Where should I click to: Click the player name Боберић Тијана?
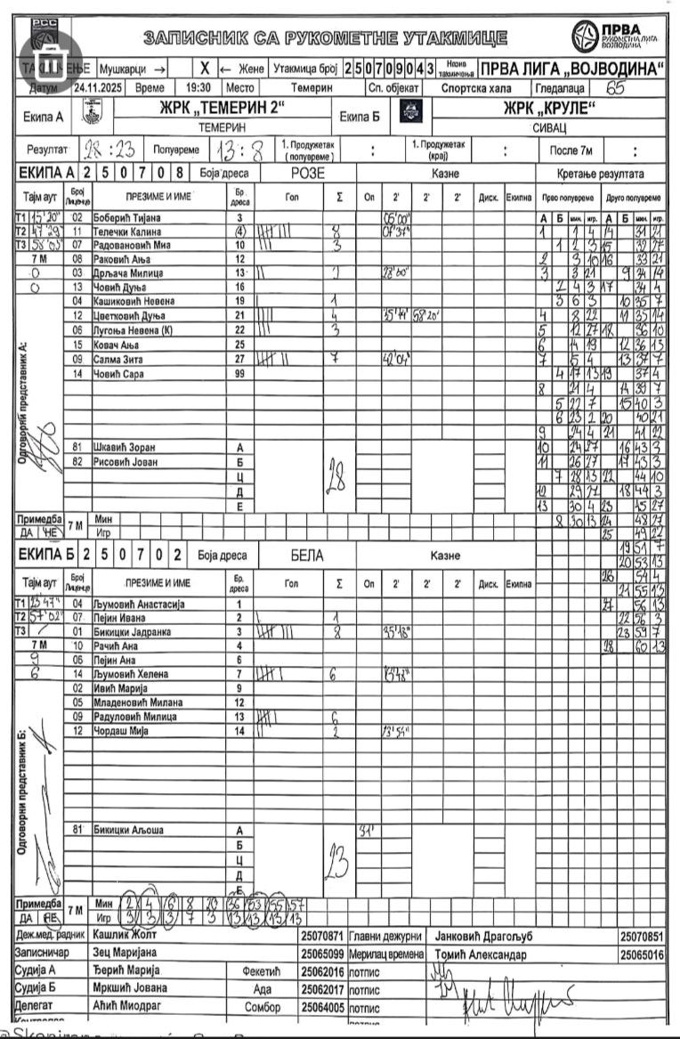pyautogui.click(x=126, y=217)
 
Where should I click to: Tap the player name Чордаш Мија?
pyautogui.click(x=120, y=730)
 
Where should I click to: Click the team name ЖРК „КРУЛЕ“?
pyautogui.click(x=549, y=109)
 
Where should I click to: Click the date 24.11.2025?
pyautogui.click(x=100, y=88)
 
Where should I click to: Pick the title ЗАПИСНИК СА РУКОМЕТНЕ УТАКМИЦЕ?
pyautogui.click(x=326, y=38)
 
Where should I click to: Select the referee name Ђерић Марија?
pyautogui.click(x=125, y=970)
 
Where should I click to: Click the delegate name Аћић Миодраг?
pyautogui.click(x=126, y=1006)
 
